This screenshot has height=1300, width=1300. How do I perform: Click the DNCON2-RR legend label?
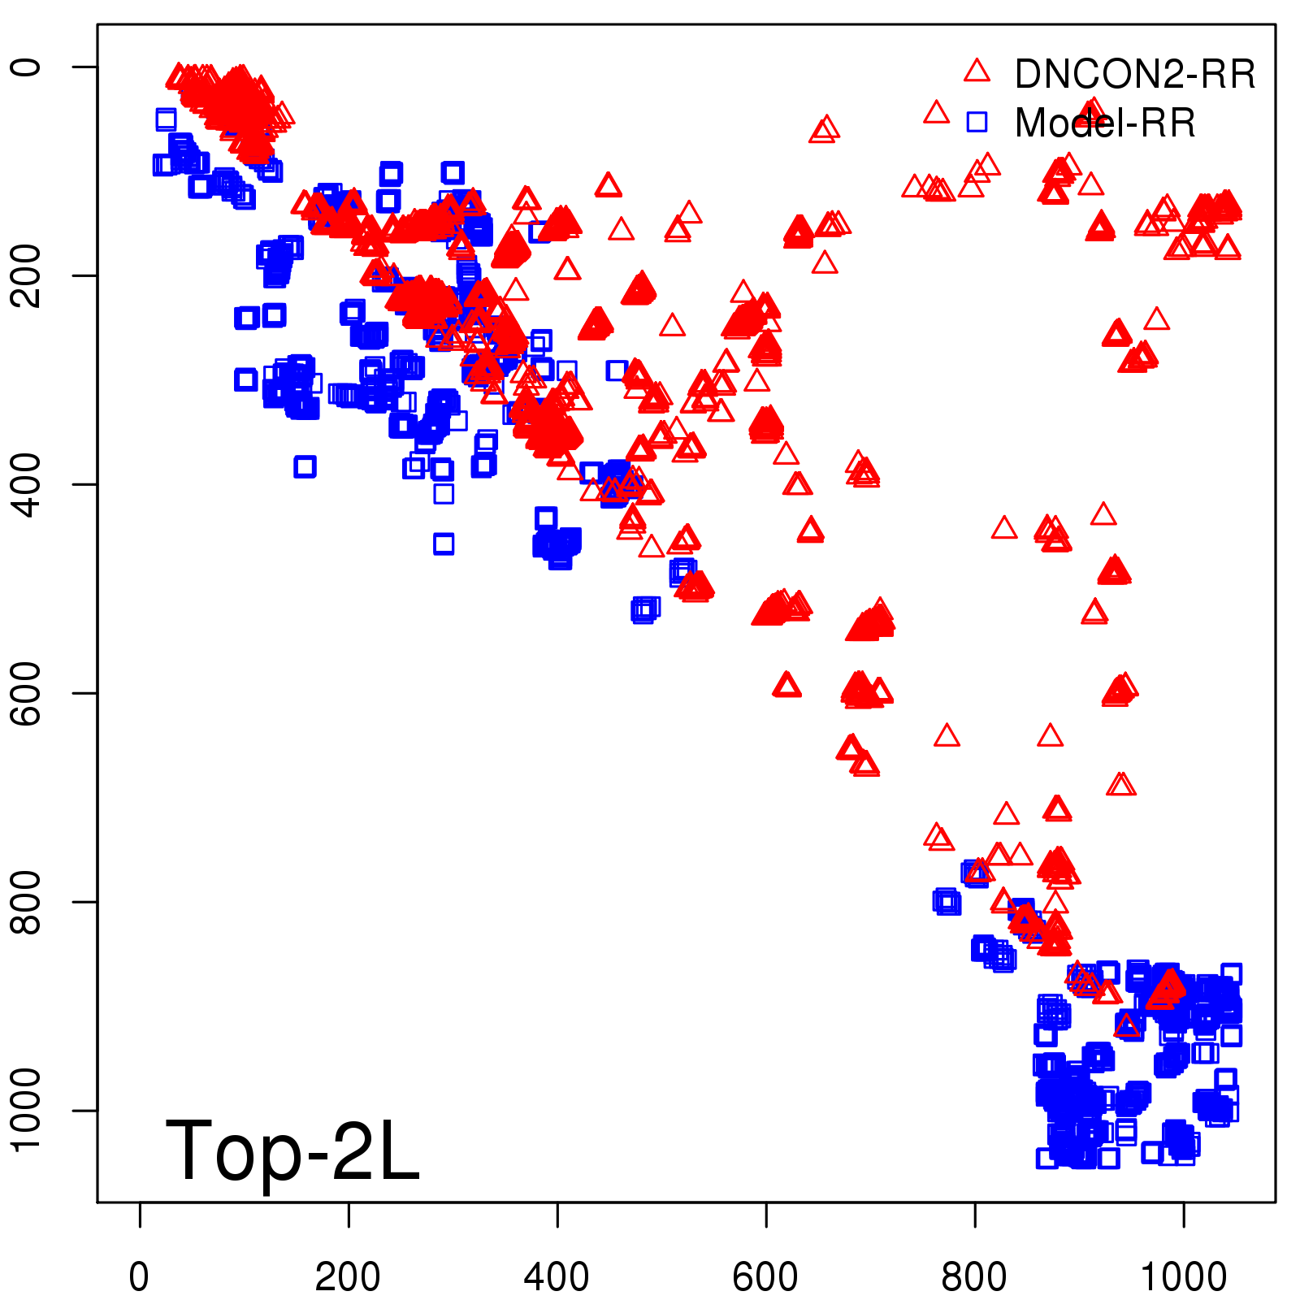coord(1134,75)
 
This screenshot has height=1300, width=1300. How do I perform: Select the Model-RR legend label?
coord(1105,123)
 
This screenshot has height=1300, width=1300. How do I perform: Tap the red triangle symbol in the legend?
coord(977,71)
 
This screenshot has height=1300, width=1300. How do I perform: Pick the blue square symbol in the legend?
coord(977,122)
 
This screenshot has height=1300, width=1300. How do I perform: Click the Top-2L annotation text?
coord(292,1150)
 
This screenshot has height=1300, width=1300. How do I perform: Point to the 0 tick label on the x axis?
coord(140,1277)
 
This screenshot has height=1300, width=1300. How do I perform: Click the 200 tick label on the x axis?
coord(348,1277)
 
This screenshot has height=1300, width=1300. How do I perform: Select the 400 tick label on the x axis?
coord(557,1277)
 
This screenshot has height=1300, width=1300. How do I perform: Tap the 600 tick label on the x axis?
coord(765,1277)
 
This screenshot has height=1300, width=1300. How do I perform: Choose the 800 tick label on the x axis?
coord(974,1277)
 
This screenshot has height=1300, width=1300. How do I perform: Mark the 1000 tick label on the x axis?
coord(1184,1277)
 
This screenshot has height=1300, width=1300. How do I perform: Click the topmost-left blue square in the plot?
coord(166,119)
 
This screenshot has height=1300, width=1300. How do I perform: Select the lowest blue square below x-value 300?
coord(444,544)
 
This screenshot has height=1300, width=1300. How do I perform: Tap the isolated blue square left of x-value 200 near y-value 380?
coord(305,466)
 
